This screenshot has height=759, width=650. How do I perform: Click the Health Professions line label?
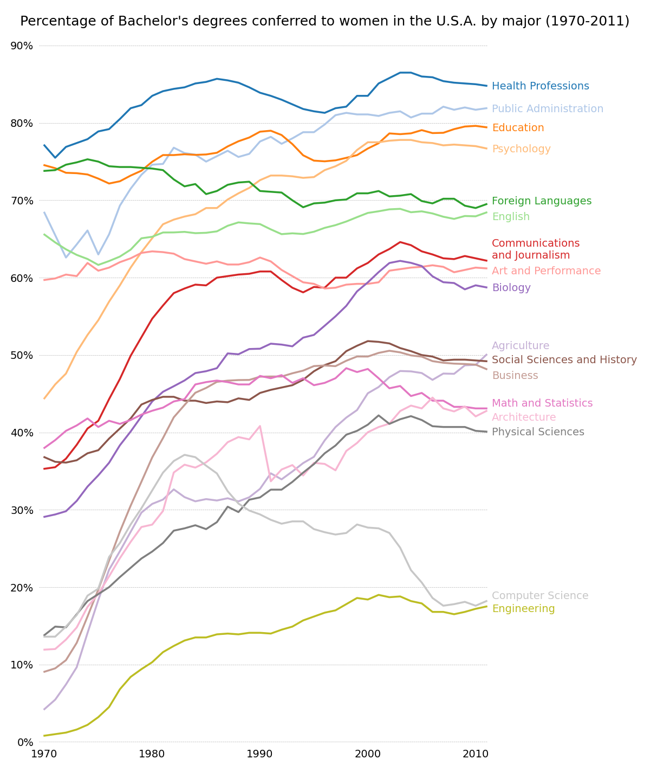pos(540,86)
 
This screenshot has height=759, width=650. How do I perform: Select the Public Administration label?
pos(547,109)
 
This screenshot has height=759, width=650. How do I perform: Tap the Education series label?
pos(518,128)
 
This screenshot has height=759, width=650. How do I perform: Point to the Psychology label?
pos(521,149)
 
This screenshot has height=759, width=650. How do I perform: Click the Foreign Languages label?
pos(542,201)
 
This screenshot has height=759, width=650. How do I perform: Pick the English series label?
pos(511,217)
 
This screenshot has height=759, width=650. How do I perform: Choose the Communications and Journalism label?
pos(536,249)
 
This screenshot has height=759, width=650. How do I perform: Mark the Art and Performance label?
pos(546,271)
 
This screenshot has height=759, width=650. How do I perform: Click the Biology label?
pos(511,288)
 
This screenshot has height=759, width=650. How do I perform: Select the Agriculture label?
pos(521,346)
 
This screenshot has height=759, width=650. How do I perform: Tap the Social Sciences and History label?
pos(564,360)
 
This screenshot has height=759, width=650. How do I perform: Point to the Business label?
pos(515,376)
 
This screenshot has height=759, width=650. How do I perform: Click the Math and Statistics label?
pos(542,403)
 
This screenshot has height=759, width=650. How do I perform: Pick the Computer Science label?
pos(540,596)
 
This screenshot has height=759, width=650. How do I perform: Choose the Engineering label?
pos(523,609)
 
